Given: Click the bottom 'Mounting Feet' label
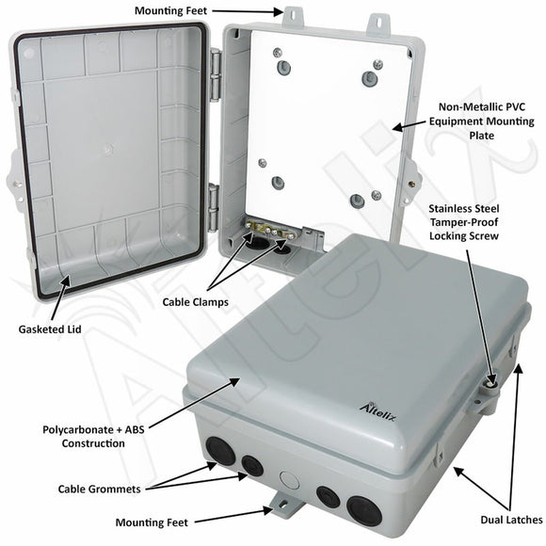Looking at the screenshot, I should click(152, 522).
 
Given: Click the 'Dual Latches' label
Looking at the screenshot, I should click(510, 519).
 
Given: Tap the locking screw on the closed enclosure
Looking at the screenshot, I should click(490, 383).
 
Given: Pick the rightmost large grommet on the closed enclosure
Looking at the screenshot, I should click(364, 509).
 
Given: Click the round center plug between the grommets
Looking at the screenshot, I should click(289, 477).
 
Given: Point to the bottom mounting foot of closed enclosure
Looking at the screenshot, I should click(281, 506).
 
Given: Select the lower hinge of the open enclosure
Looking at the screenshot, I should click(215, 201).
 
